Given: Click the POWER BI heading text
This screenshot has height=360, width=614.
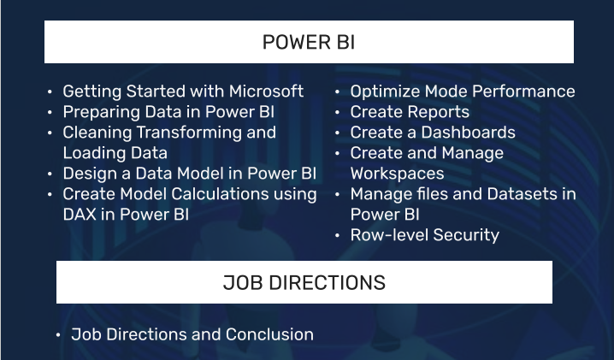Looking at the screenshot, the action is coord(309,42).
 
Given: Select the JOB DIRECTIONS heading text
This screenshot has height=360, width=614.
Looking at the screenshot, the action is coord(304,282).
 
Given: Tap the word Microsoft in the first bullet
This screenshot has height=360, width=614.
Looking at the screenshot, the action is coord(266,91).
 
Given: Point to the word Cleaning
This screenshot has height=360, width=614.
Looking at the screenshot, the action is coord(97,133).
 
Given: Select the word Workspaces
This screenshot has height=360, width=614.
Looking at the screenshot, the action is coord(397,174).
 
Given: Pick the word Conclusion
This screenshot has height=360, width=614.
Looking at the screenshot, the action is coord(269,334).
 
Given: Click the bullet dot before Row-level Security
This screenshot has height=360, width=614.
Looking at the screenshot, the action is coord(338,236).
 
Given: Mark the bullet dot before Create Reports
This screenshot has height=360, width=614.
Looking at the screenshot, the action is coord(338,112).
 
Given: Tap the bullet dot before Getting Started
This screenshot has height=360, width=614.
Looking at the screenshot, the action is coord(50,92).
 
